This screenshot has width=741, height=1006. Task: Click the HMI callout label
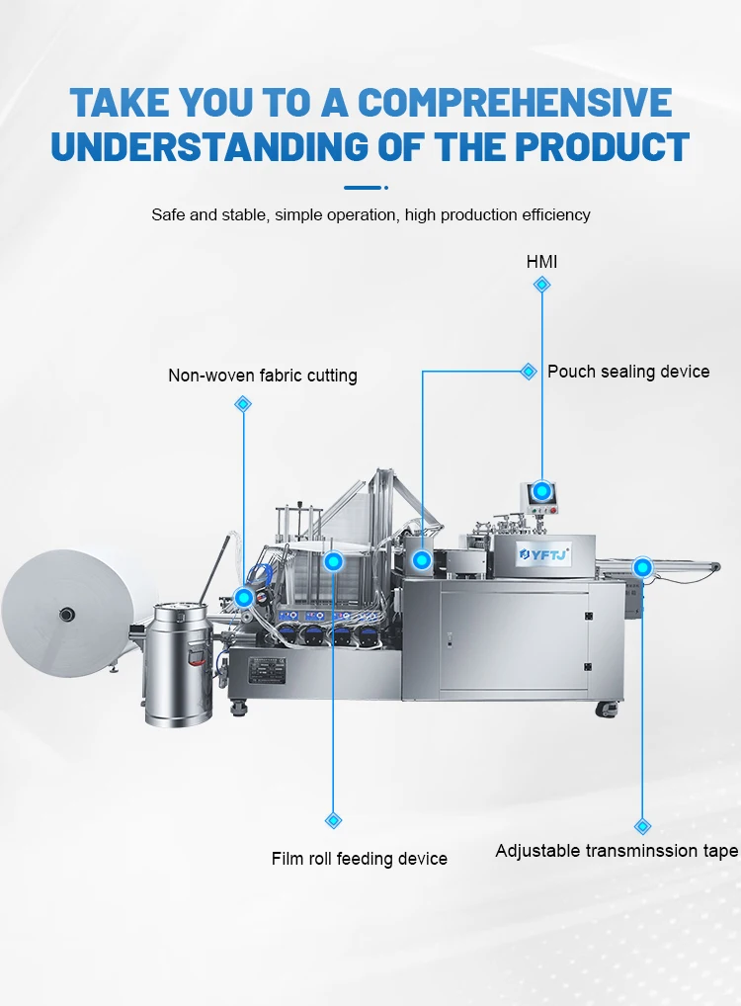541,262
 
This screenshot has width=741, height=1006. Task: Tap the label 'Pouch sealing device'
628,372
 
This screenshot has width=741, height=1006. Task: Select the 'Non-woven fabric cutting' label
263,376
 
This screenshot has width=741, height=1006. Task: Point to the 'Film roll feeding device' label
360,859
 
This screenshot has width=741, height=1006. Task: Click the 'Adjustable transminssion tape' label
617,851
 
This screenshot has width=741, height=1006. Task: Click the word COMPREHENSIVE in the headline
515,103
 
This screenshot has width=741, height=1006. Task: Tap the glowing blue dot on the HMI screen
541,490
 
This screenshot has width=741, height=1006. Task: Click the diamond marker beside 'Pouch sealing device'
529,372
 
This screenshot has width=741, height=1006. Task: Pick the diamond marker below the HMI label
541,285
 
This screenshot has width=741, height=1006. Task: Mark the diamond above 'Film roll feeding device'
333,820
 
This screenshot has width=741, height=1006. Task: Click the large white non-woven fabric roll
66,614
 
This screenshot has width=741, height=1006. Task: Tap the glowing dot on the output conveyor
642,567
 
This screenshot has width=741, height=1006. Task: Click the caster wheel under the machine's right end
605,709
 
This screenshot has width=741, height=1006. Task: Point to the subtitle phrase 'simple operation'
339,214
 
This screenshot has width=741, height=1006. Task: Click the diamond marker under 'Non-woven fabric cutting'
243,404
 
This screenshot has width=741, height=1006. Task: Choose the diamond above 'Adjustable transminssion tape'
642,826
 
